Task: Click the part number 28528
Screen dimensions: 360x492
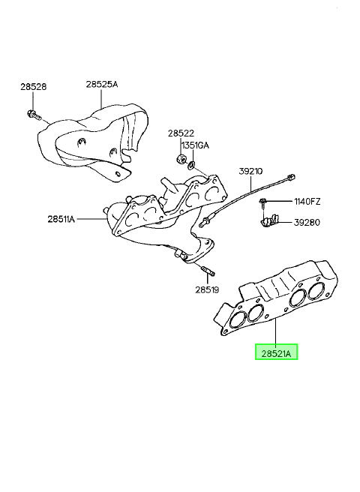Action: (x=34, y=87)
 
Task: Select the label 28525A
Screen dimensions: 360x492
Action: (x=102, y=84)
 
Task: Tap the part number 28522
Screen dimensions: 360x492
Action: (x=181, y=133)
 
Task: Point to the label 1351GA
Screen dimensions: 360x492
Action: (x=194, y=145)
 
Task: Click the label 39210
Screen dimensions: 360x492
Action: (x=250, y=171)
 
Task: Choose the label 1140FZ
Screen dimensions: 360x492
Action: (x=307, y=201)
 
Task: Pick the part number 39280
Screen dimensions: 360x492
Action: (x=307, y=223)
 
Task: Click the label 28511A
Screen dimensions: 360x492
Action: (x=61, y=219)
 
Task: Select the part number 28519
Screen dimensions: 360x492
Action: (x=207, y=289)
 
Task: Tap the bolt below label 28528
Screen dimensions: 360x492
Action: (x=34, y=115)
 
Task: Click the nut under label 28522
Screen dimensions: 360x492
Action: (x=181, y=158)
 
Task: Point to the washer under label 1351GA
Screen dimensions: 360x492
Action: (x=191, y=164)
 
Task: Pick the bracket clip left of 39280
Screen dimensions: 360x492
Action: (x=269, y=220)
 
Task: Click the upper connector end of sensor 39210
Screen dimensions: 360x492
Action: (x=291, y=178)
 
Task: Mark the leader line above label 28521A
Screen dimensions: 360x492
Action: (x=276, y=331)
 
